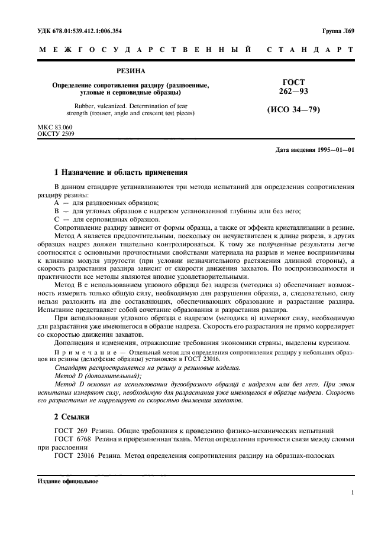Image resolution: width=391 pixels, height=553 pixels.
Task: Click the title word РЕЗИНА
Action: point(131,71)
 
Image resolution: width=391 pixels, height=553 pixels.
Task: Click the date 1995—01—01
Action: point(334,150)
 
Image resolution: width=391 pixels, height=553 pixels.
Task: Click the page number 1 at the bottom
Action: point(352,492)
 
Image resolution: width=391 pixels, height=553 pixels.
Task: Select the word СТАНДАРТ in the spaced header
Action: point(311,51)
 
